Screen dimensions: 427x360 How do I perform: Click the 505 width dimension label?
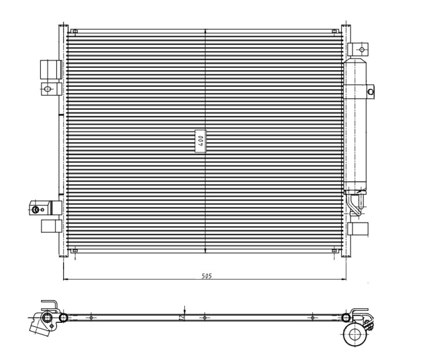(207, 276)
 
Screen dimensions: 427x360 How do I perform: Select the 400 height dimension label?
(201, 141)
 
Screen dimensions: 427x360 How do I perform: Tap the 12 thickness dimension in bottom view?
(182, 317)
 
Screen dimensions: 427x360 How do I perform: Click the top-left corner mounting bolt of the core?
(75, 31)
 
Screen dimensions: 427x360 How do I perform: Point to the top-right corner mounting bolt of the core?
(334, 31)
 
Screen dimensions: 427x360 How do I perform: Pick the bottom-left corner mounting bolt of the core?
(75, 250)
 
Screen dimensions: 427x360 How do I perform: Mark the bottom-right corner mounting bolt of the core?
(334, 250)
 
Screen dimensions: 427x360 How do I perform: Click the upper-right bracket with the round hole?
(358, 50)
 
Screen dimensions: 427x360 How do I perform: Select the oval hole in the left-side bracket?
(47, 89)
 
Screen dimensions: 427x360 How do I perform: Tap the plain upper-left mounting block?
(51, 70)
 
